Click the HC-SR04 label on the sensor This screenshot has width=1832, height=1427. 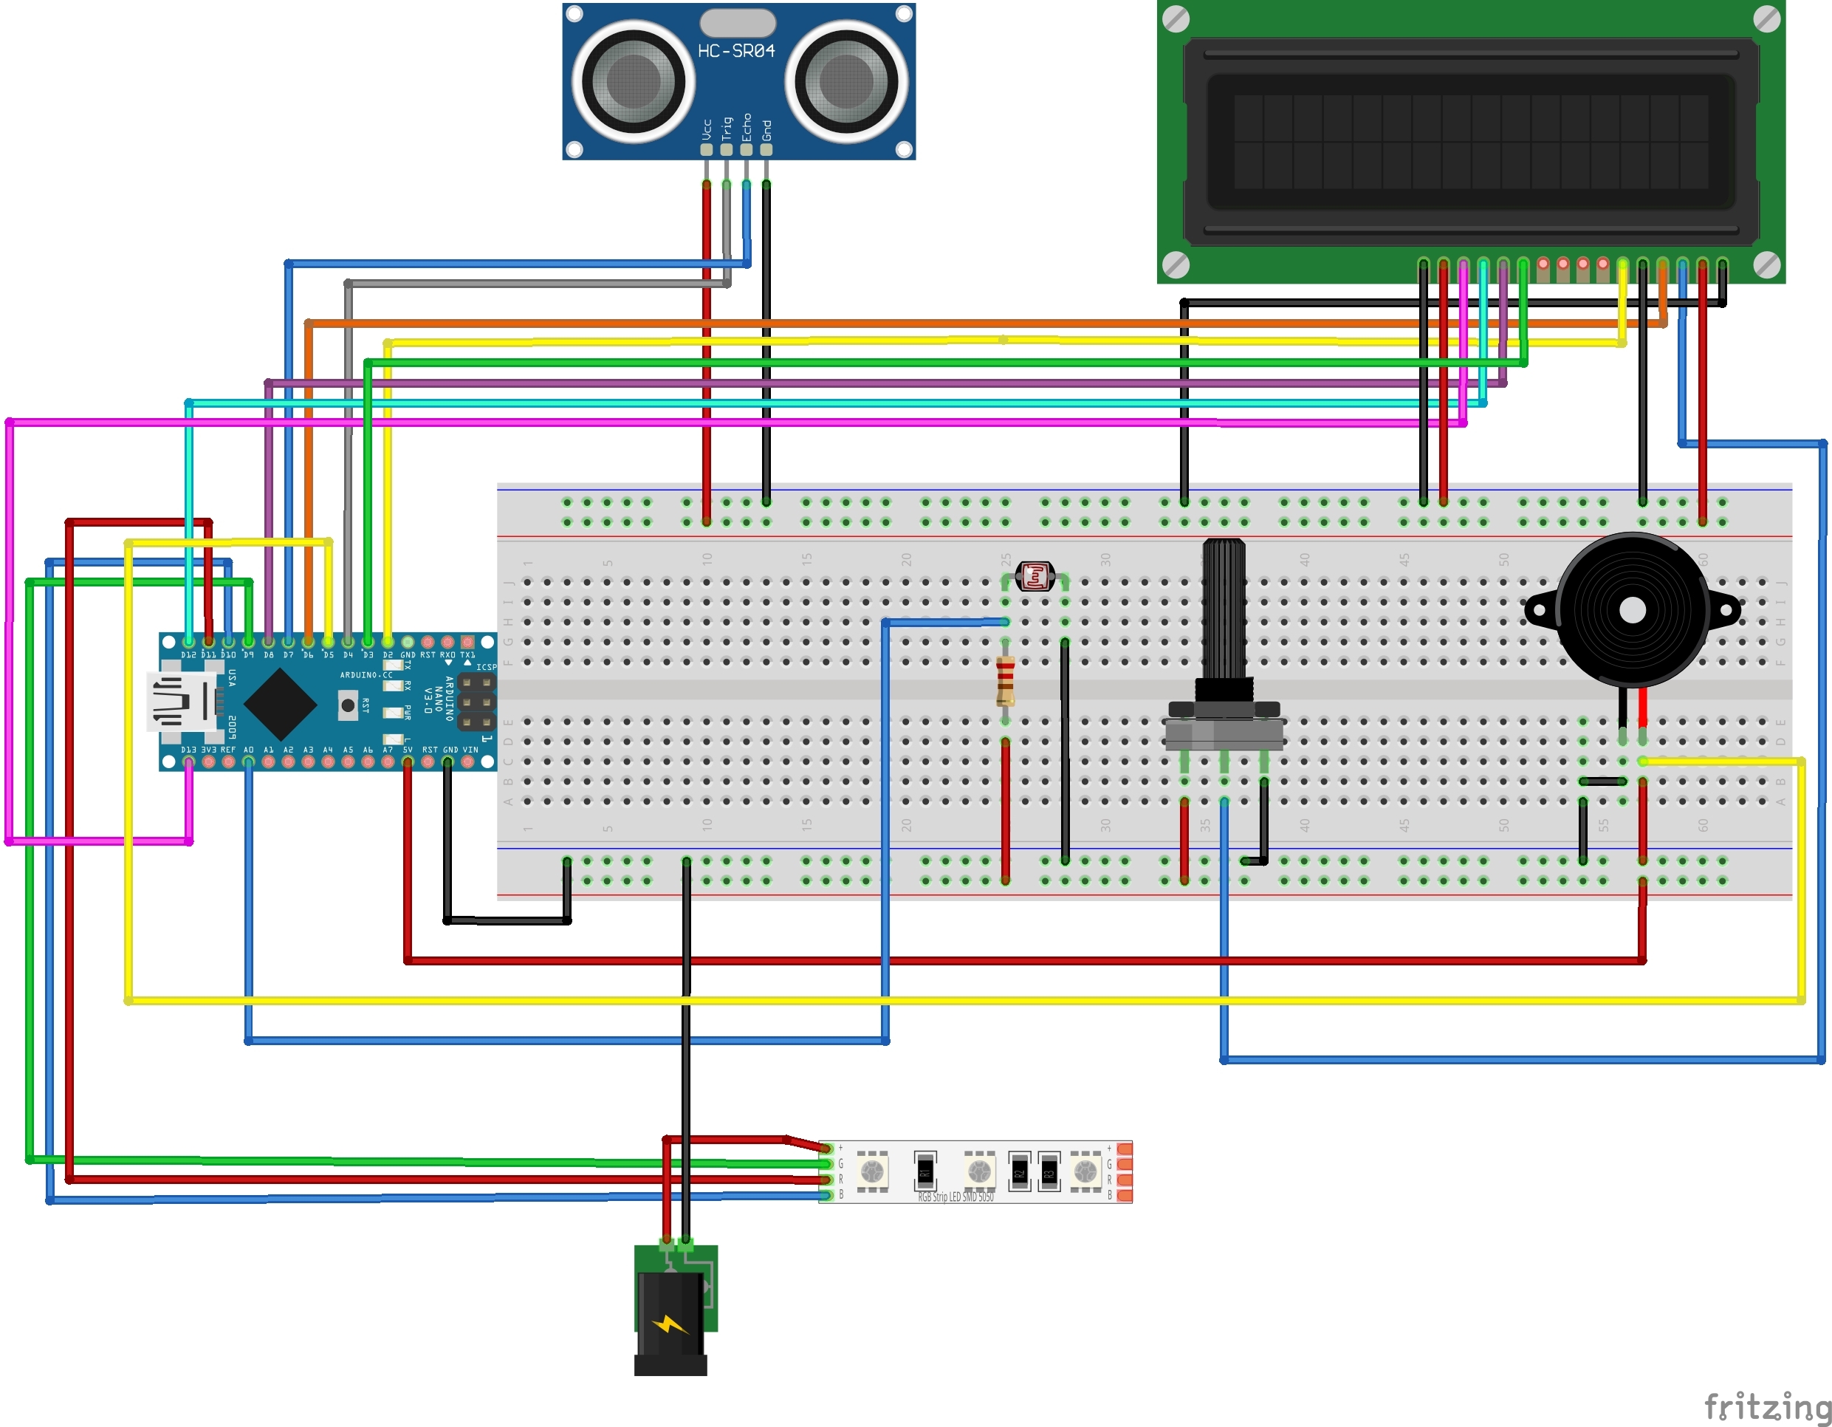[735, 51]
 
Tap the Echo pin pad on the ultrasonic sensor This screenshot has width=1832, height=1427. [746, 149]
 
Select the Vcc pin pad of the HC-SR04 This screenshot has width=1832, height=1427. [707, 149]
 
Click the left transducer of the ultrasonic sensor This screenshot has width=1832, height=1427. [633, 81]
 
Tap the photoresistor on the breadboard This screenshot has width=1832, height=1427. [1035, 577]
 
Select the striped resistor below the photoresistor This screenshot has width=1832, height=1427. [1005, 682]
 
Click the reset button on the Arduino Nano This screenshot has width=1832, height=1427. [347, 705]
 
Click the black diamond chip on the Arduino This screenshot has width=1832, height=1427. [279, 705]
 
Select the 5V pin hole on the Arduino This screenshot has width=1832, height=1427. [408, 762]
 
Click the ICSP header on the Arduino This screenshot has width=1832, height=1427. [476, 702]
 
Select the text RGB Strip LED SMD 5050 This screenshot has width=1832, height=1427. [956, 1197]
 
